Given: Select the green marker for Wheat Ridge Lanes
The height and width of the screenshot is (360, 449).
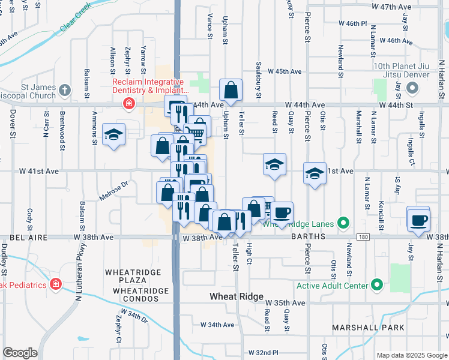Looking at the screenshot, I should click(343, 224).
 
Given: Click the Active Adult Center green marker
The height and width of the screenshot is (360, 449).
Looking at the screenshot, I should click(377, 284).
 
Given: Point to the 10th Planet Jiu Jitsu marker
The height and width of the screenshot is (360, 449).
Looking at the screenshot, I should click(412, 88).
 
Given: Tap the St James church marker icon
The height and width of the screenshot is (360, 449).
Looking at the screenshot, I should click(64, 91).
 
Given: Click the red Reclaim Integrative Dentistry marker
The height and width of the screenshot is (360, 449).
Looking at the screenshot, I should click(128, 104).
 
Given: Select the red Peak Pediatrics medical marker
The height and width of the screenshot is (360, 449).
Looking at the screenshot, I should click(55, 283).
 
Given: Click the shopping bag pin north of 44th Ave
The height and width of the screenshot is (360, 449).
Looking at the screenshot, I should click(231, 91).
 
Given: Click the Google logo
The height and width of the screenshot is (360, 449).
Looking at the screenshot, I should click(20, 353).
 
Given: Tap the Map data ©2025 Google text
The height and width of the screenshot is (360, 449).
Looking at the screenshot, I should click(411, 355).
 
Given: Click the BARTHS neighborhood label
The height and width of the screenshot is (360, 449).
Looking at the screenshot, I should click(308, 237).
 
